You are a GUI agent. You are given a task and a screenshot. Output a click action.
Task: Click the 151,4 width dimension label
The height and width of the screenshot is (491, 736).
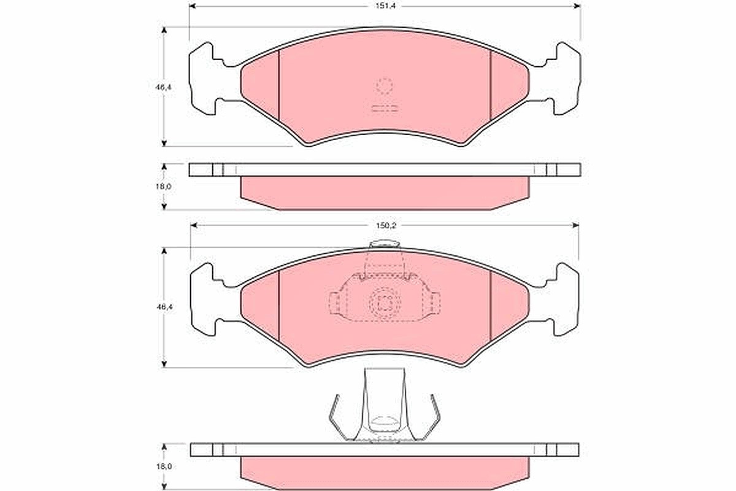(386, 6)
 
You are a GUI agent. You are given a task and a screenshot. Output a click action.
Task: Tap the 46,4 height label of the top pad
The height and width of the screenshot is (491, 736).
(164, 87)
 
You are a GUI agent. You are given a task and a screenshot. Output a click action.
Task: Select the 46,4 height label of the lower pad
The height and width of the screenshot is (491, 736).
(164, 307)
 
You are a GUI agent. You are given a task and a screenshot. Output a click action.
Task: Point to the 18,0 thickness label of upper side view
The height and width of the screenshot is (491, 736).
(163, 187)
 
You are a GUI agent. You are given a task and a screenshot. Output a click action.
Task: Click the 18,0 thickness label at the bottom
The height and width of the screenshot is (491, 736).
(163, 466)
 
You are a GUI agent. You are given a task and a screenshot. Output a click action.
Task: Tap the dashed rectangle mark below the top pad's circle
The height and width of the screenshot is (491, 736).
(385, 109)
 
